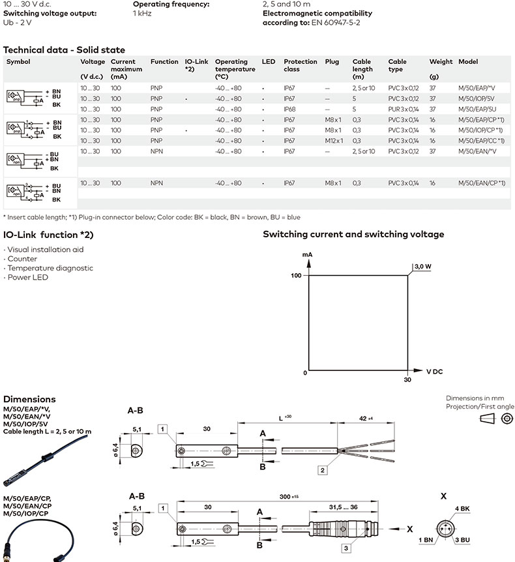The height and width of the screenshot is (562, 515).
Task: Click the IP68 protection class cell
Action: pos(289,109)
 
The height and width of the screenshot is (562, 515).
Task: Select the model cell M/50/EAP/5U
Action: pos(477,109)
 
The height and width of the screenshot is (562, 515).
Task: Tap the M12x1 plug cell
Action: pos(333,141)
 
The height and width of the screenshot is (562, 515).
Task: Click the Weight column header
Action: pos(441,62)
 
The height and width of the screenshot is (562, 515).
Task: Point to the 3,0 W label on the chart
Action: pos(422,266)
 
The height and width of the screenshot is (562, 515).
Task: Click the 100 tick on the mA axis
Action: pos(296,276)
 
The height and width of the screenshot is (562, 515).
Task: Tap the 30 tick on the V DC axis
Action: pos(407,380)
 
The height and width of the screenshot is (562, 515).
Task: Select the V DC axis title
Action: pos(434,372)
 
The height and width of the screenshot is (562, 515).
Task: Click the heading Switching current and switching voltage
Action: pos(353,234)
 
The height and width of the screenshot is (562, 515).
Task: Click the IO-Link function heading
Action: pos(49,234)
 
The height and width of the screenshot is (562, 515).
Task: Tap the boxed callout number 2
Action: pos(322,469)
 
